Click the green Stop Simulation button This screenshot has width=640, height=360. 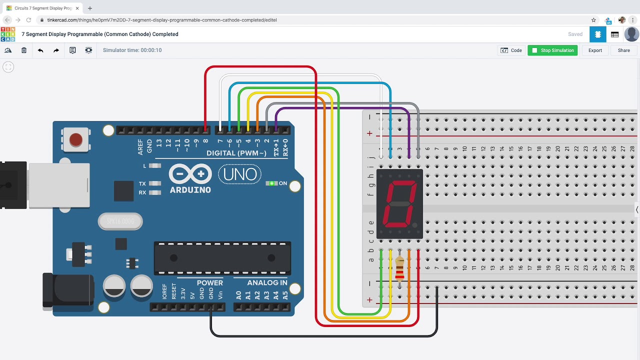(x=552, y=50)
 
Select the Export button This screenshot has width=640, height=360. (x=595, y=50)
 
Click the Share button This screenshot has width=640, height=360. (x=623, y=50)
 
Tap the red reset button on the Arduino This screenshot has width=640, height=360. (x=75, y=139)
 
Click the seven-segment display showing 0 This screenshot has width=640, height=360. (x=399, y=203)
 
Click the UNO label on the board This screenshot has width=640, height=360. (x=240, y=174)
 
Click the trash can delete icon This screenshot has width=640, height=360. (x=24, y=50)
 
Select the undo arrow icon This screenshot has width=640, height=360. (x=40, y=50)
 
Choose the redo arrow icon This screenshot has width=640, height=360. (x=56, y=50)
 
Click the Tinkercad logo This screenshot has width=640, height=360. (x=8, y=34)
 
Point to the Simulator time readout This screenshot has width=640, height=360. (x=132, y=50)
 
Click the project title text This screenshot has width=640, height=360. (x=100, y=34)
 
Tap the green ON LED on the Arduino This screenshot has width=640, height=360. (x=271, y=183)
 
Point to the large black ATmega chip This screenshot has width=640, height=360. (x=222, y=258)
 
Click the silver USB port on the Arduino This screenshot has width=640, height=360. (x=59, y=185)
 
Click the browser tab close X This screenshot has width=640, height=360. (x=77, y=8)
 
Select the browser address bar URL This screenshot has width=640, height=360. (x=162, y=20)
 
